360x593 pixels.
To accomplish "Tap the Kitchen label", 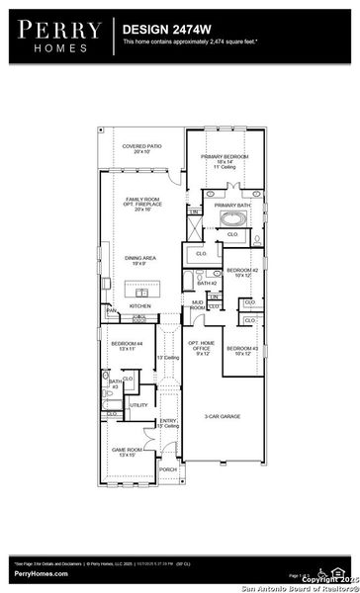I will (140, 306).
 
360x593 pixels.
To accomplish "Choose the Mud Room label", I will (198, 306).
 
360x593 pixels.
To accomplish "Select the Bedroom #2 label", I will (241, 272).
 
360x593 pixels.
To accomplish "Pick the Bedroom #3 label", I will (241, 350).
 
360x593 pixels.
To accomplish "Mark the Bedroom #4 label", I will (127, 346).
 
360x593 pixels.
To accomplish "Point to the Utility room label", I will (138, 405).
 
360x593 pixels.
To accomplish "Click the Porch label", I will (168, 469).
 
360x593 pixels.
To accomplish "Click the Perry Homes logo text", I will (57, 37).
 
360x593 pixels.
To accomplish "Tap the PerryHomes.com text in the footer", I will (41, 573).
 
